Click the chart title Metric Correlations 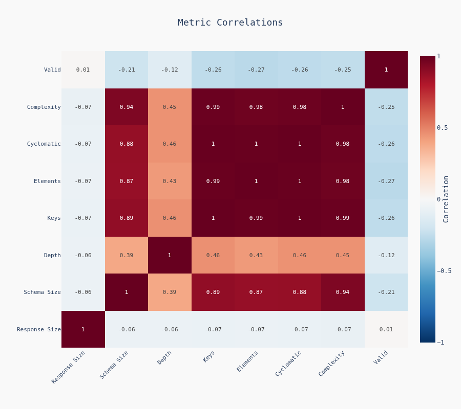click(230, 22)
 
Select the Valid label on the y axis click(52, 70)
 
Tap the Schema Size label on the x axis click(114, 365)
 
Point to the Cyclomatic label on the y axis click(44, 144)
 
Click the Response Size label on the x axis click(68, 367)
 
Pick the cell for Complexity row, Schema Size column click(127, 107)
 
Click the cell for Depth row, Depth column click(170, 255)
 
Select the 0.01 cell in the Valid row click(83, 70)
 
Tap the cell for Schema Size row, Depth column click(170, 292)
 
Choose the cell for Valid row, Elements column click(256, 70)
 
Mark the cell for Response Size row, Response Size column click(83, 329)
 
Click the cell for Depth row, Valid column click(386, 255)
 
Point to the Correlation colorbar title click(446, 199)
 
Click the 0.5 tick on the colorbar click(442, 128)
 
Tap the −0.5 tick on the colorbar click(444, 271)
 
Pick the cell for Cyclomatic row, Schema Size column click(127, 144)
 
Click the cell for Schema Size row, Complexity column click(343, 292)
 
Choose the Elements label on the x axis click(247, 361)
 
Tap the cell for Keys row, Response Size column click(83, 218)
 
